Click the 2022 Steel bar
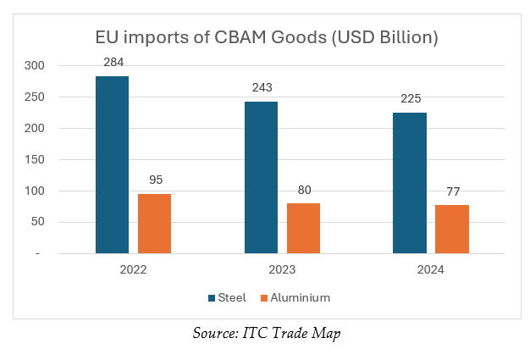coord(112,164)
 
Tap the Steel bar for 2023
coord(261,178)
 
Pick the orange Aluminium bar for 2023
coord(303,228)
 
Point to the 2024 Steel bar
coord(410,183)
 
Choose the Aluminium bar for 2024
coord(452,229)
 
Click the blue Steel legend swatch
coord(212,298)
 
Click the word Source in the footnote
coord(213,335)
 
